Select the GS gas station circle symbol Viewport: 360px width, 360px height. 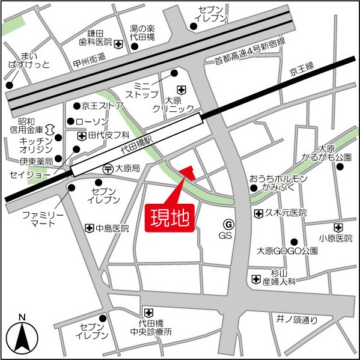[227, 224]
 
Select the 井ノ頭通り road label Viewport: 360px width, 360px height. [297, 319]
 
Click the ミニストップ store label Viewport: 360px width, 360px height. [142, 90]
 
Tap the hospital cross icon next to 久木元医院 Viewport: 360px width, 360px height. [258, 213]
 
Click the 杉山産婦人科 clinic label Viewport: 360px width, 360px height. [279, 277]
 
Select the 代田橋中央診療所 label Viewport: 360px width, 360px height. [151, 327]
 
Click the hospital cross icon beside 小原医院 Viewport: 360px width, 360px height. [339, 228]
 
